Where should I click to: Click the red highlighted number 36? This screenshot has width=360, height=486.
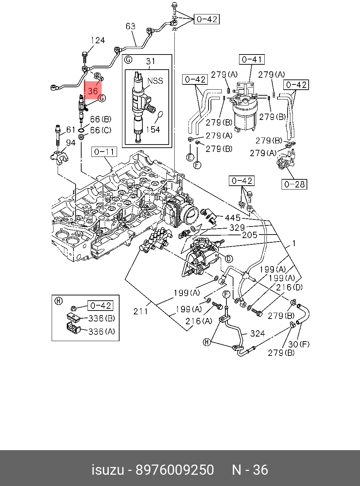(92, 91)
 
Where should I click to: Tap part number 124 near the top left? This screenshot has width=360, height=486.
(97, 40)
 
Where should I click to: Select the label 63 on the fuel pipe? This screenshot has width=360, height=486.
(130, 26)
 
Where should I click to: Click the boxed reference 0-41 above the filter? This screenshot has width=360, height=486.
(252, 60)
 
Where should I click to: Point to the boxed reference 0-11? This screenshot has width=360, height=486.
(104, 152)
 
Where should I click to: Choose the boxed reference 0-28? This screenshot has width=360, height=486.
(294, 184)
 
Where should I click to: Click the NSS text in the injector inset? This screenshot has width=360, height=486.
(155, 81)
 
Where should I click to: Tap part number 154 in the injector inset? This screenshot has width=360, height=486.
(153, 129)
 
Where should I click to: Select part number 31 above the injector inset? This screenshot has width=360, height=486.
(150, 62)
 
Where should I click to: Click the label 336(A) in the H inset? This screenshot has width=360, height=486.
(102, 331)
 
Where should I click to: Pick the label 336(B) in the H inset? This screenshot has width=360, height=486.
(102, 318)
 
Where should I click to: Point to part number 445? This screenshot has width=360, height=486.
(232, 218)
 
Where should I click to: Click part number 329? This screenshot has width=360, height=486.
(237, 228)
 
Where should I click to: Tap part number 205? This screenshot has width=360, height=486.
(250, 235)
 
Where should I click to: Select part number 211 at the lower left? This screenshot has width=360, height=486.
(141, 311)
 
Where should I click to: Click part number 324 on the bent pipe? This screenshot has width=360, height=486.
(257, 333)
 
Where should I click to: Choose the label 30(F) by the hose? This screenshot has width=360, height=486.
(299, 344)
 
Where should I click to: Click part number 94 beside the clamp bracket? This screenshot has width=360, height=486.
(71, 142)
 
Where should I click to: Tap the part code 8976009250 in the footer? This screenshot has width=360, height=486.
(175, 470)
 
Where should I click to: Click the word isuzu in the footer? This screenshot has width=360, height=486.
(108, 470)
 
